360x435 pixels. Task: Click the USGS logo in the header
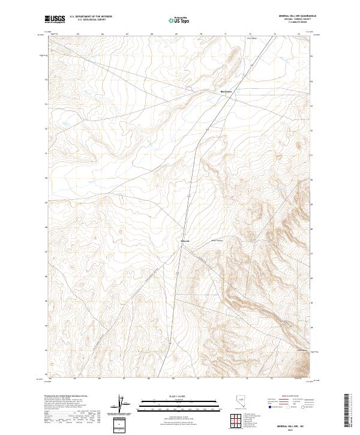[55, 19]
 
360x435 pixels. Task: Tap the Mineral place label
[185, 242]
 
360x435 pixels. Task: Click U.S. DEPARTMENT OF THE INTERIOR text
[91, 17]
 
